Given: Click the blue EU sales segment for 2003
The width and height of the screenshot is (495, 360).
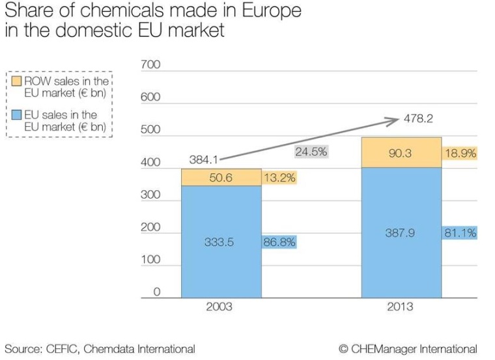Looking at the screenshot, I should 221,242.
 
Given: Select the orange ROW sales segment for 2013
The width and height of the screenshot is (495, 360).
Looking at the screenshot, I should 401,152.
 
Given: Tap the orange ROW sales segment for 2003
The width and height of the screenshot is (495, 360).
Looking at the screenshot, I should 221,177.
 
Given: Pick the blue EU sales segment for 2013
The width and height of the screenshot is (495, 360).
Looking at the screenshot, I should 401,232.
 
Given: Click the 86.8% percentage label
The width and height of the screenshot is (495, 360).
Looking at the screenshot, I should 279,242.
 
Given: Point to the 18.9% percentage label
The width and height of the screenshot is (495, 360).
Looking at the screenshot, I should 460,154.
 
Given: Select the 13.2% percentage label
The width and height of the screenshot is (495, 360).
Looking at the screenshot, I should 279,177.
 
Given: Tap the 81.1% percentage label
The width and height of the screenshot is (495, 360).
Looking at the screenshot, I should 460,232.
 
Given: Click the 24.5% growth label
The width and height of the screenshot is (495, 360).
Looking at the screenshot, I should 311,152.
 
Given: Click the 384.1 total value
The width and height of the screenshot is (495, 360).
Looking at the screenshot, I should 204,159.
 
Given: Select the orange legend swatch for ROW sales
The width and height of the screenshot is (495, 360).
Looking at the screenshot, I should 17,81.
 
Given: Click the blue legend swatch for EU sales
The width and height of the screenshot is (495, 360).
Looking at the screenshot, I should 17,115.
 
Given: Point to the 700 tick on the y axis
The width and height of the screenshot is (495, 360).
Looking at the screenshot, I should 150,66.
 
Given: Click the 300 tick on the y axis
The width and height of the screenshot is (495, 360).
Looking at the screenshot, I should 150,195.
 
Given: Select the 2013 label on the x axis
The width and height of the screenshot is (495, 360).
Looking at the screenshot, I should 400,307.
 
